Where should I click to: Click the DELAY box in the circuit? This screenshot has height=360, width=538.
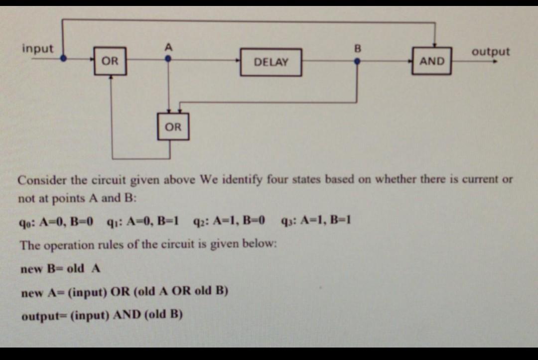coord(270,62)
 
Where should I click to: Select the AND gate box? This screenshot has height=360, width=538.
coord(432,61)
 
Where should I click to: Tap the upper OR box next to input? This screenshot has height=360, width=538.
coord(110,61)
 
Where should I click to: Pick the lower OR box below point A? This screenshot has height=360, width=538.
coord(173,127)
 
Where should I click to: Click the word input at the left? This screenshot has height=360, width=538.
coord(37,49)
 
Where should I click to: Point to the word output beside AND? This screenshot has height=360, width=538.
coord(491,52)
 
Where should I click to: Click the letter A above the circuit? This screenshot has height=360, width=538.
coord(168,47)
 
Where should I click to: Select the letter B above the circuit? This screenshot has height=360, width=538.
coord(356,49)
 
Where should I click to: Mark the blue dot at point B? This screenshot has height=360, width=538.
coord(357,62)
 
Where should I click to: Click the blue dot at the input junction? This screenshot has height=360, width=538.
coord(63,58)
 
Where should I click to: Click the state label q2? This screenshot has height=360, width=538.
coord(200,220)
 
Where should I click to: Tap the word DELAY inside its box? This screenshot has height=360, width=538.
coord(270,62)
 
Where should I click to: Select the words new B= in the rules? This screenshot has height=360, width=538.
coord(42,269)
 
